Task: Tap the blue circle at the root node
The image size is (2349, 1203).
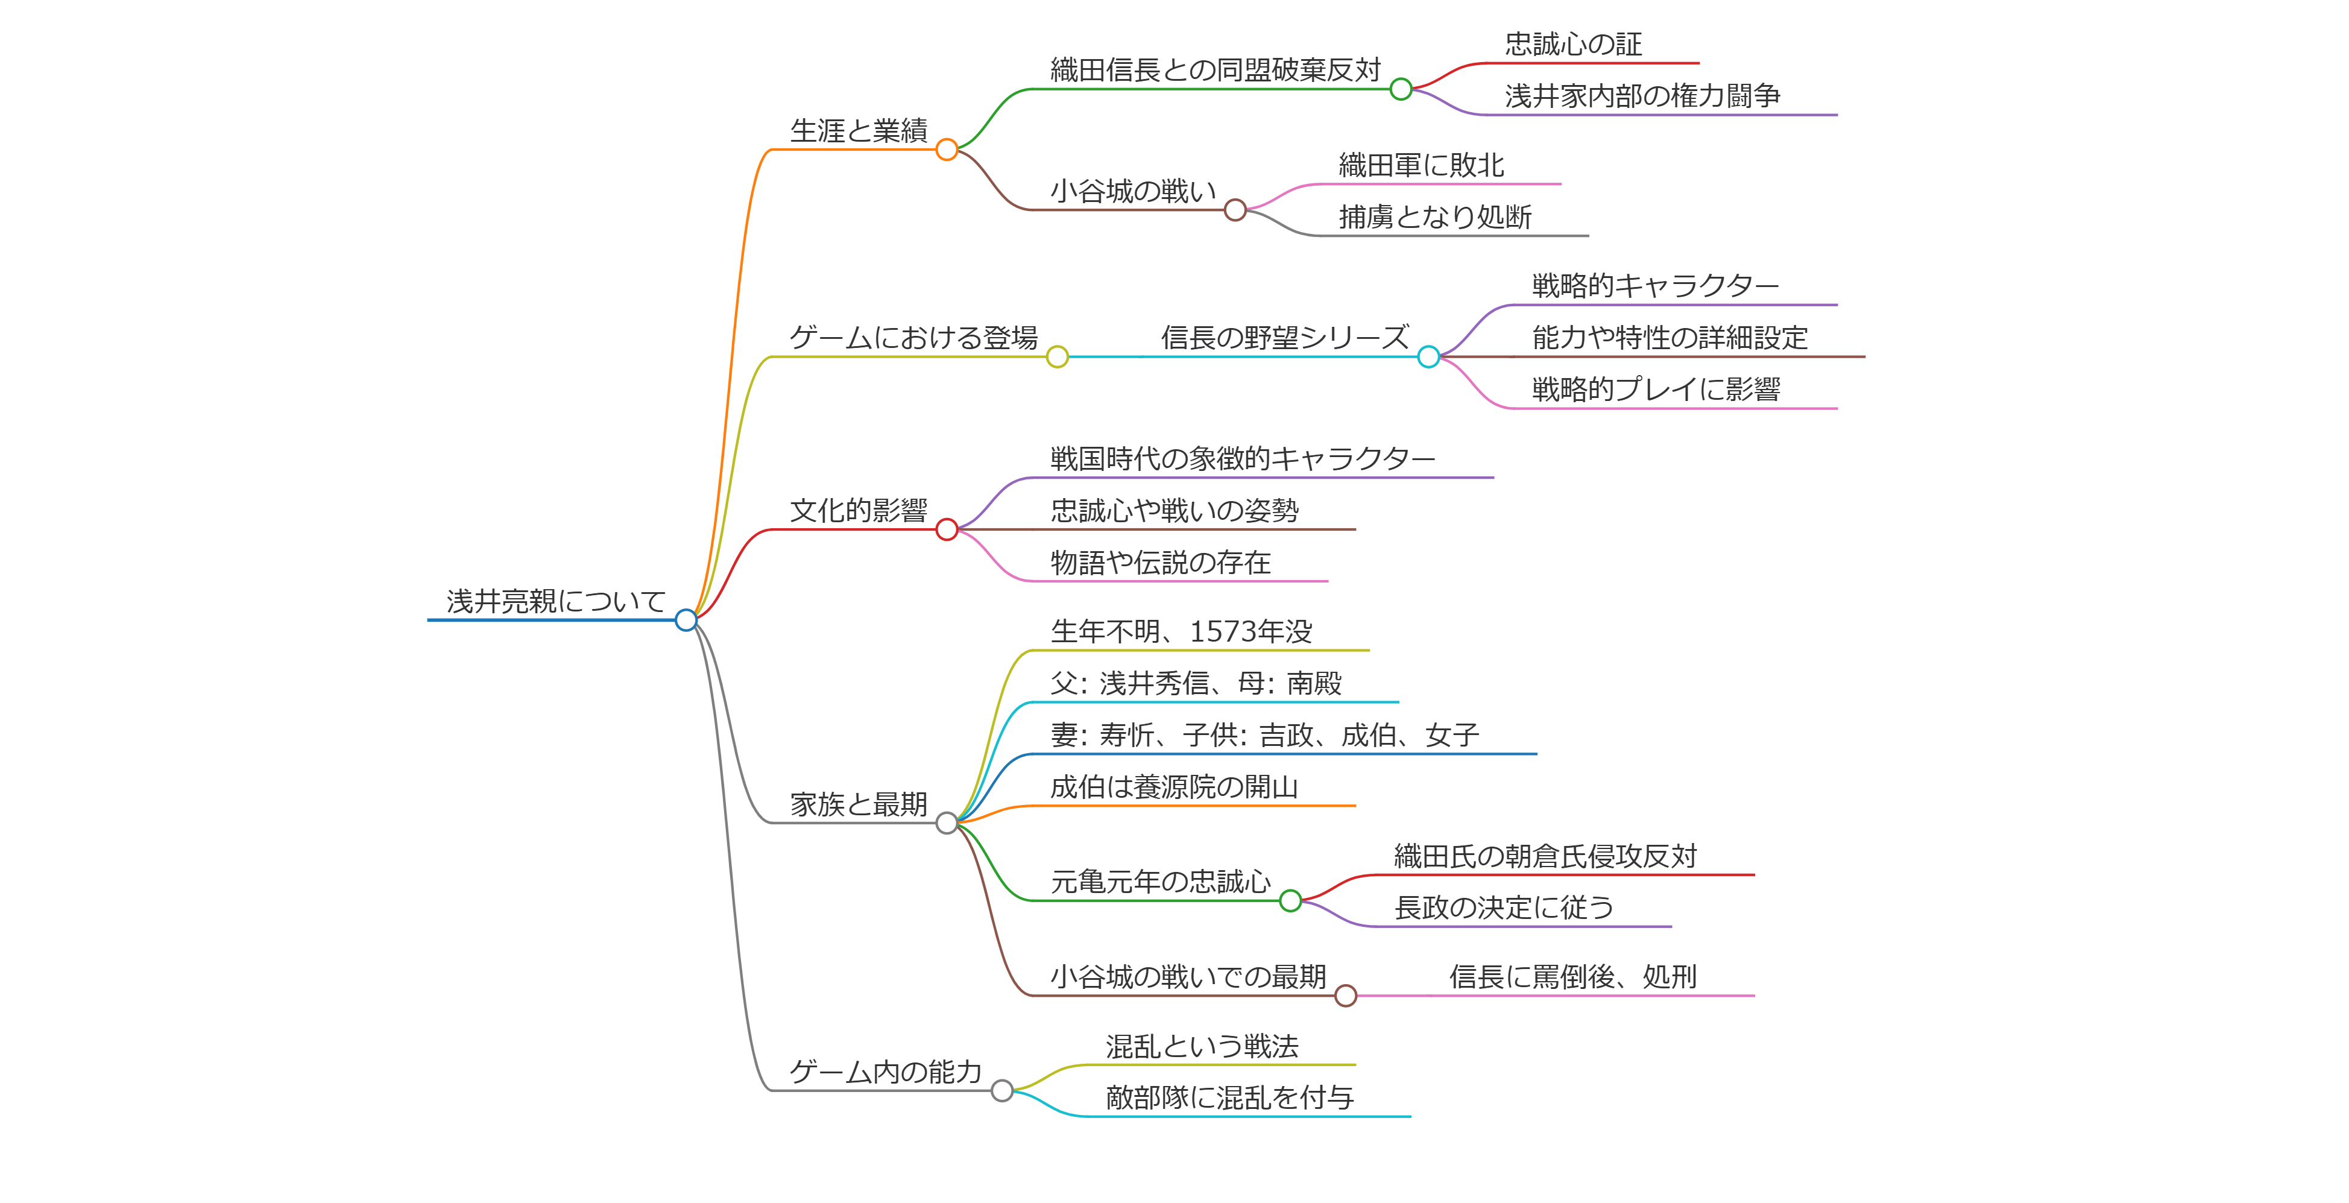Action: (x=686, y=620)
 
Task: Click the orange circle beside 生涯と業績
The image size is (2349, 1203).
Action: (x=947, y=150)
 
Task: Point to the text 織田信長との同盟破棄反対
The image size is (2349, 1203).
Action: (x=1215, y=70)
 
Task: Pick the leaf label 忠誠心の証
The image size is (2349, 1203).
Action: (x=1573, y=44)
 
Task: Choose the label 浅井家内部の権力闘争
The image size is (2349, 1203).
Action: (x=1641, y=96)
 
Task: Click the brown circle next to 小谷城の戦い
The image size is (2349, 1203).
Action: (x=1235, y=210)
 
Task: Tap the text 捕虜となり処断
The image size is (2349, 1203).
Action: (x=1434, y=217)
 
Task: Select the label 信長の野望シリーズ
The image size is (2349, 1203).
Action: (x=1284, y=338)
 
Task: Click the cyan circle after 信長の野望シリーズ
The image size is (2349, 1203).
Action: (x=1428, y=356)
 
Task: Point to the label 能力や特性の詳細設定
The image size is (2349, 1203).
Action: (x=1669, y=338)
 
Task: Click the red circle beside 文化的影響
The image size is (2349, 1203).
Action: (x=947, y=529)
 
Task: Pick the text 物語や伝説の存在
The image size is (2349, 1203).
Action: (x=1160, y=563)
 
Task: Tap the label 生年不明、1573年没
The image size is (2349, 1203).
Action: (x=1181, y=631)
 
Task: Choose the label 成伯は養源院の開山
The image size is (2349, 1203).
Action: (x=1173, y=787)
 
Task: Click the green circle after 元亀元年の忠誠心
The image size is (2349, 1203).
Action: (x=1290, y=901)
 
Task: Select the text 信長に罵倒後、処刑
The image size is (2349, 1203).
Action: (x=1572, y=977)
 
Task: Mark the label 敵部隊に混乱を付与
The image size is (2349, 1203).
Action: (x=1229, y=1098)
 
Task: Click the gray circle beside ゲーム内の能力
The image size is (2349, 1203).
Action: (x=1001, y=1091)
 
